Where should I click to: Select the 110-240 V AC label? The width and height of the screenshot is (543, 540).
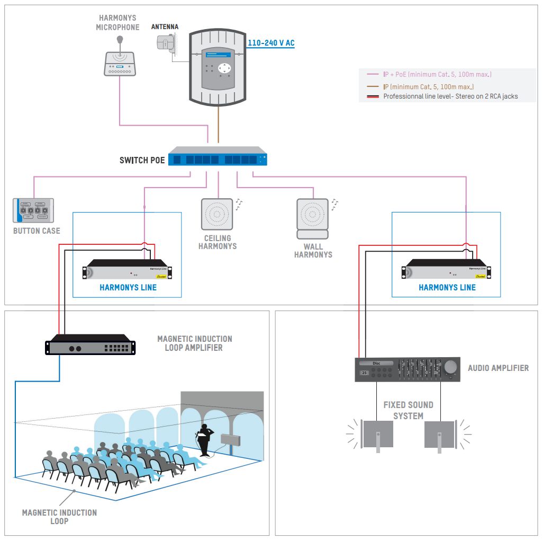[271, 43]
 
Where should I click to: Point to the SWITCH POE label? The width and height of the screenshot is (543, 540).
[142, 160]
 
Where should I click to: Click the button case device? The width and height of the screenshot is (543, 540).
[33, 210]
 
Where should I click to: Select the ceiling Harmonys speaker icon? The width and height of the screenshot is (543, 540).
[217, 214]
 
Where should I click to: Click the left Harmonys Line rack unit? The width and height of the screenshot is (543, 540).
[129, 270]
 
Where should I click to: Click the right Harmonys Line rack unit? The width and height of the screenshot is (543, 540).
[447, 270]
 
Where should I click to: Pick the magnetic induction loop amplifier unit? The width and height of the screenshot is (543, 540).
[90, 346]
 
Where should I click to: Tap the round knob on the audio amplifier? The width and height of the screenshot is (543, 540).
[451, 367]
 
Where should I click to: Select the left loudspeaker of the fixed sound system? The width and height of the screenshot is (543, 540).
[377, 435]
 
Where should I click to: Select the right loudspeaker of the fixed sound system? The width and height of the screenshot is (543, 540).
[440, 435]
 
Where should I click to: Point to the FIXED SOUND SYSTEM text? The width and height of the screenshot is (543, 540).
[408, 410]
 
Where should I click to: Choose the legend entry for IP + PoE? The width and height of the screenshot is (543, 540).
[437, 75]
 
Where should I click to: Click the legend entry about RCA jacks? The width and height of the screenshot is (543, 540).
[450, 96]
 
